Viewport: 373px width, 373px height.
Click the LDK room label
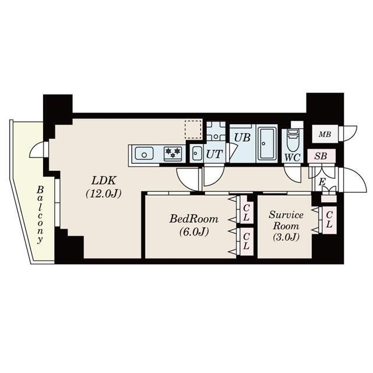(104, 181)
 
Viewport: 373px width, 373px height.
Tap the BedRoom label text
(193, 219)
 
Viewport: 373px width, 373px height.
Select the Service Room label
(286, 220)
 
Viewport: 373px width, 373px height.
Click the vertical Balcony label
(40, 215)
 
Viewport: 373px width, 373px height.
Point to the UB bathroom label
(242, 138)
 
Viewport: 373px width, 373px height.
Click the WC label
(293, 157)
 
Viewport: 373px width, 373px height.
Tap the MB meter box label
(325, 135)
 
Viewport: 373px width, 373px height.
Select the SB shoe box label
(321, 156)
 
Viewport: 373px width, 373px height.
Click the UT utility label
(214, 154)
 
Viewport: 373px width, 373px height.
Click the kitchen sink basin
(144, 153)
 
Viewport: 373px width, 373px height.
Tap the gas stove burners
(173, 153)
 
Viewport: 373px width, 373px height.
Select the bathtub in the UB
(268, 143)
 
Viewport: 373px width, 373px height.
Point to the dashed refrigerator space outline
(193, 129)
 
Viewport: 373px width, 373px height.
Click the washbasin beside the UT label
(197, 153)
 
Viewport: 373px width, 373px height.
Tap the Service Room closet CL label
(329, 220)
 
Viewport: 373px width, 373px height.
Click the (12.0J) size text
(104, 193)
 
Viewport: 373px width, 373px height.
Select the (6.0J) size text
(194, 231)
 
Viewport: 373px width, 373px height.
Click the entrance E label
(322, 182)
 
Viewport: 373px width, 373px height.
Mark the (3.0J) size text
(286, 237)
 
